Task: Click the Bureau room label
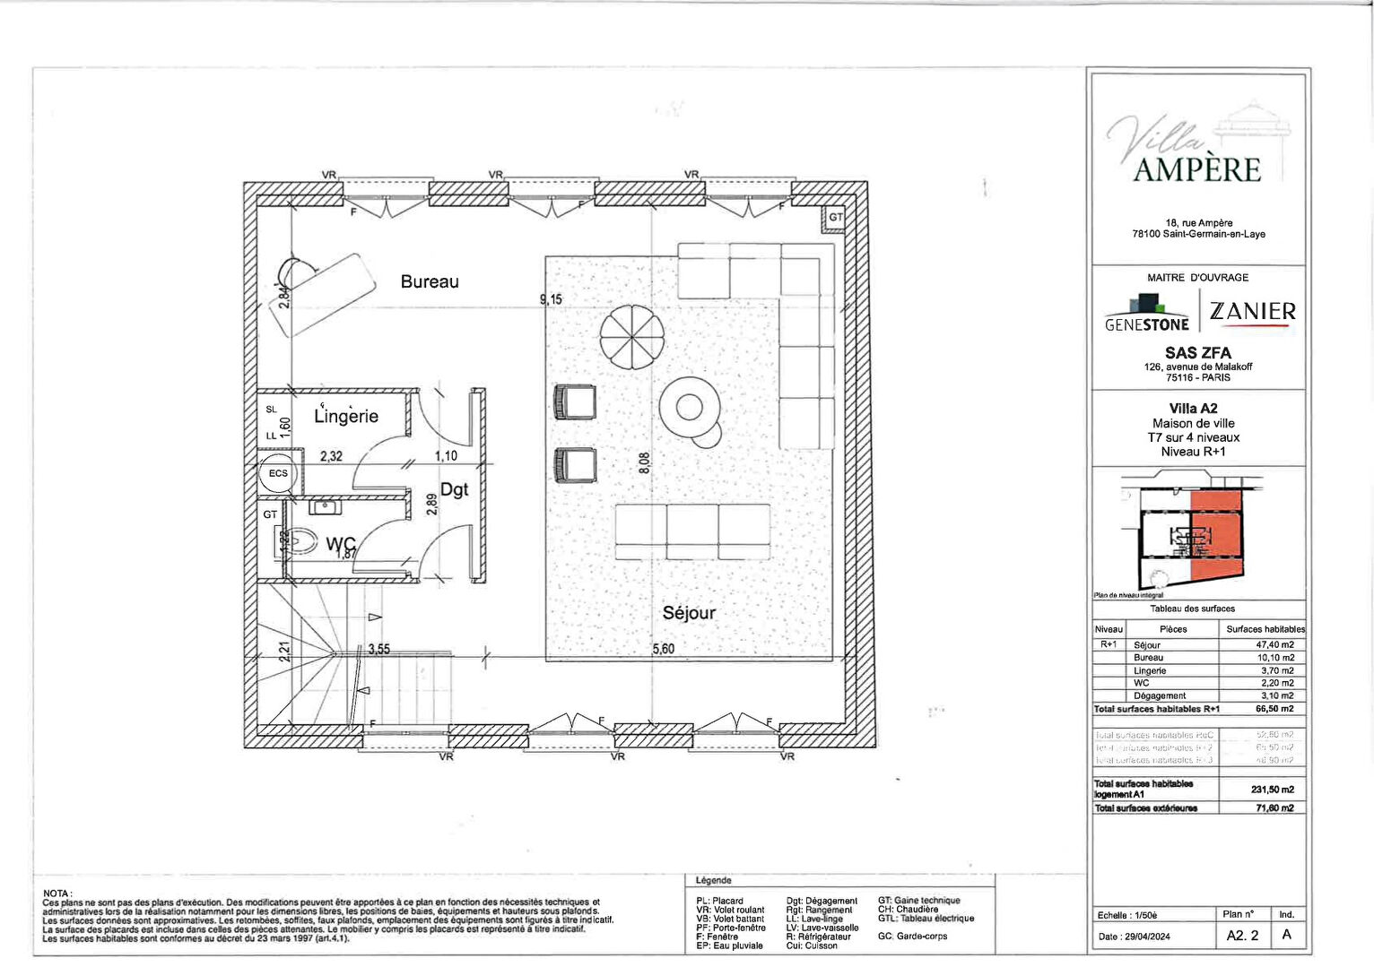click(x=430, y=281)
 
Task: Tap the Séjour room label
click(x=689, y=613)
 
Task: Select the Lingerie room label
click(x=346, y=416)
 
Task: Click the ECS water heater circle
click(x=278, y=473)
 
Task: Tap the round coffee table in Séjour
click(x=689, y=407)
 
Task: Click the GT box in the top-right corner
click(x=835, y=218)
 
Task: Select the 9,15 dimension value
click(x=551, y=299)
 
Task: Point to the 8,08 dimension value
click(x=644, y=462)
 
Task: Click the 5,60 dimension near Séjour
click(x=663, y=649)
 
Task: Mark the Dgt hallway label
click(x=454, y=489)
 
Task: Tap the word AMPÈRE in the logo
click(x=1196, y=169)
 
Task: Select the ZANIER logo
click(x=1252, y=311)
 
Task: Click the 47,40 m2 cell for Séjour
click(x=1274, y=644)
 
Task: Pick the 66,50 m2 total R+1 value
click(x=1274, y=709)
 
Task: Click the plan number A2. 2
click(x=1242, y=935)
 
